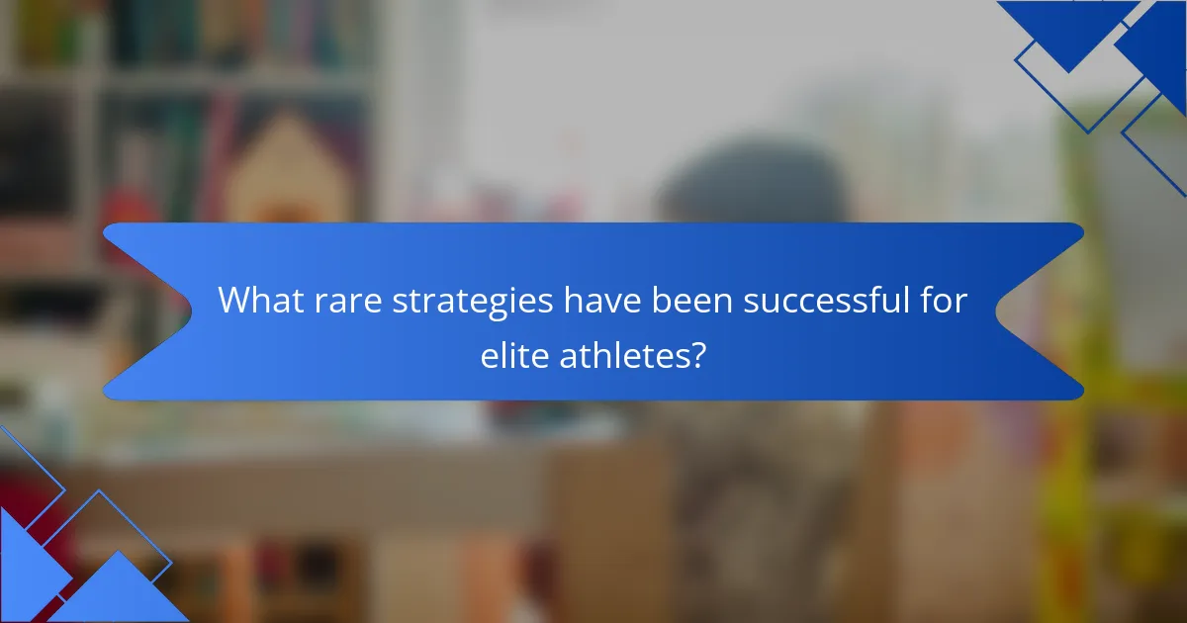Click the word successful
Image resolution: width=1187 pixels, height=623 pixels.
tap(824, 301)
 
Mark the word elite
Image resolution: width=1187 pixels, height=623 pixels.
tap(512, 356)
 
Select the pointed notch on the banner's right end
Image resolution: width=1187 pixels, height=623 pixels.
tap(999, 311)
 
